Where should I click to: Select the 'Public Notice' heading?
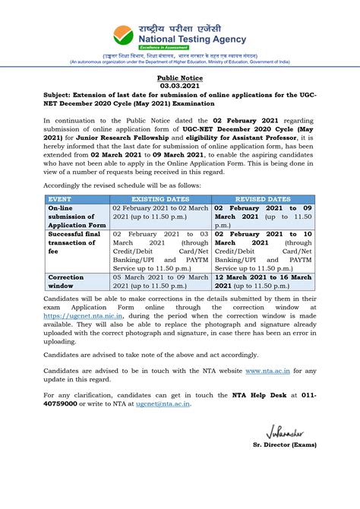[179, 78]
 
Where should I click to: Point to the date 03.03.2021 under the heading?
[179, 87]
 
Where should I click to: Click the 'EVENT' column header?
[62, 198]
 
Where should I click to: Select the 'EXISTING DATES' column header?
[159, 198]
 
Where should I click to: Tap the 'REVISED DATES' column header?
[262, 198]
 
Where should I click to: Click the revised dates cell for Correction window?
[262, 283]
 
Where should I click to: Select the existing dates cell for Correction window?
[159, 283]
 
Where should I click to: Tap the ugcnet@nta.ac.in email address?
[163, 404]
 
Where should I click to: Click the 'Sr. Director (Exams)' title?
[284, 445]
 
